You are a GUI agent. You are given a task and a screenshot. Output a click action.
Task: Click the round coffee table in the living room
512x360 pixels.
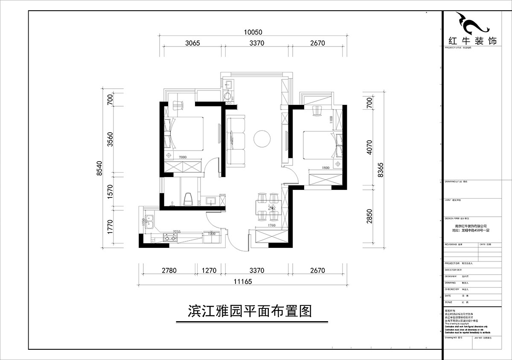(262, 139)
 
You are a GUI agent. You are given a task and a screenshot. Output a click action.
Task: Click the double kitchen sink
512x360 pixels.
(149, 222)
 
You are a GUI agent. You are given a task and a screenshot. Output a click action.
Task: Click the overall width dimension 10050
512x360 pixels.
(253, 32)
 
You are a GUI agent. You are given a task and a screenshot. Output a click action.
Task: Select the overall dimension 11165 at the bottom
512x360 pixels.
(242, 281)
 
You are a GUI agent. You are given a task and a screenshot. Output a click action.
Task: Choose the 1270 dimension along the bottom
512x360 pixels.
(209, 270)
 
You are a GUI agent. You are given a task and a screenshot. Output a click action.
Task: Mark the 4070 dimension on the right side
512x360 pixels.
(369, 147)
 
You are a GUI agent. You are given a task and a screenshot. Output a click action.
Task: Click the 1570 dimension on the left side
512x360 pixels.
(111, 191)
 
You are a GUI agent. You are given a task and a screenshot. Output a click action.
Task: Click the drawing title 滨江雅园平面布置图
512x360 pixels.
(250, 310)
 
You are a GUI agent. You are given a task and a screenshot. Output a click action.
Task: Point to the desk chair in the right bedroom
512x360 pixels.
(317, 110)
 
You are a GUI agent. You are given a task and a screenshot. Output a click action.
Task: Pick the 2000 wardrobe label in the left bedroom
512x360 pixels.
(183, 157)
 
